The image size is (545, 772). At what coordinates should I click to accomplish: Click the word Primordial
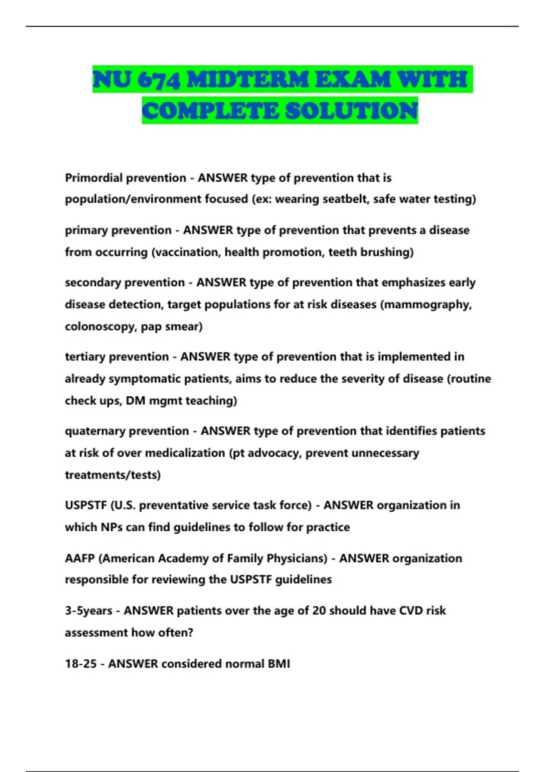click(x=94, y=178)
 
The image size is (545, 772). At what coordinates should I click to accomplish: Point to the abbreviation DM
click(x=135, y=401)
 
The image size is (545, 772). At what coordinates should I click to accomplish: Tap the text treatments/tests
click(x=113, y=475)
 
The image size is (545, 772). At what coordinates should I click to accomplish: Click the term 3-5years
click(x=89, y=611)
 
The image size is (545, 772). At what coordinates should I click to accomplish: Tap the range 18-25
click(x=81, y=664)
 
